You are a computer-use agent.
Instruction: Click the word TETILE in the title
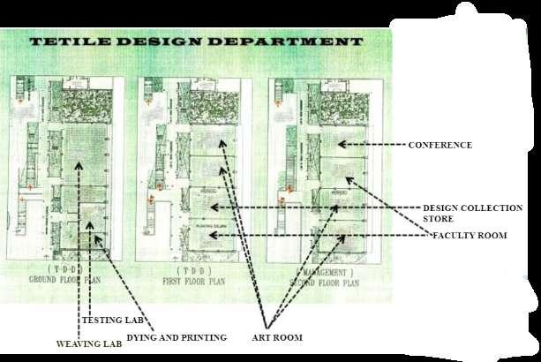pyautogui.click(x=71, y=41)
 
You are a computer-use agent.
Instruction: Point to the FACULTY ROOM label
pyautogui.click(x=467, y=236)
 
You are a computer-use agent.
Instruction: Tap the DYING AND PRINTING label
pyautogui.click(x=177, y=337)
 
